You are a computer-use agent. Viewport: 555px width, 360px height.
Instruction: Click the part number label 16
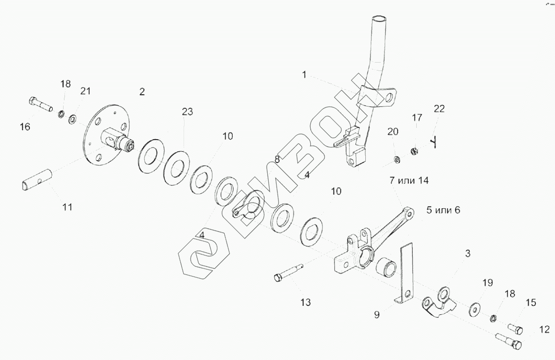[25, 127]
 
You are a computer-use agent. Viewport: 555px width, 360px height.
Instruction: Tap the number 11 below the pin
[67, 207]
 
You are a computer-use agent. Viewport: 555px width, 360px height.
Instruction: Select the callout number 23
[187, 112]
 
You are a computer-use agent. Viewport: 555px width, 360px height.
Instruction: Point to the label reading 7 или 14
[407, 180]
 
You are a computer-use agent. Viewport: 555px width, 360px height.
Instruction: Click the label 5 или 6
[443, 210]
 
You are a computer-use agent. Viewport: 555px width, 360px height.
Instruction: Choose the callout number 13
[305, 302]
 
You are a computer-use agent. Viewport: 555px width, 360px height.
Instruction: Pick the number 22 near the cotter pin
[439, 109]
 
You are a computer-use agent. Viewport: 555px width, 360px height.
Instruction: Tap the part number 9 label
[377, 314]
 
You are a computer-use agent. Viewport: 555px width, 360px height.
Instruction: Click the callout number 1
[304, 74]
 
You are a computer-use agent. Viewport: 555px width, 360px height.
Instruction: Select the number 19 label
[487, 282]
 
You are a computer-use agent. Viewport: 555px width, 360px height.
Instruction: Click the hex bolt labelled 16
[40, 104]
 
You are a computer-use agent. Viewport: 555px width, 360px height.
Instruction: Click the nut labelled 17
[414, 150]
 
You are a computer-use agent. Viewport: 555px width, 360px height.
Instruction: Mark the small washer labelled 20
[397, 160]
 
